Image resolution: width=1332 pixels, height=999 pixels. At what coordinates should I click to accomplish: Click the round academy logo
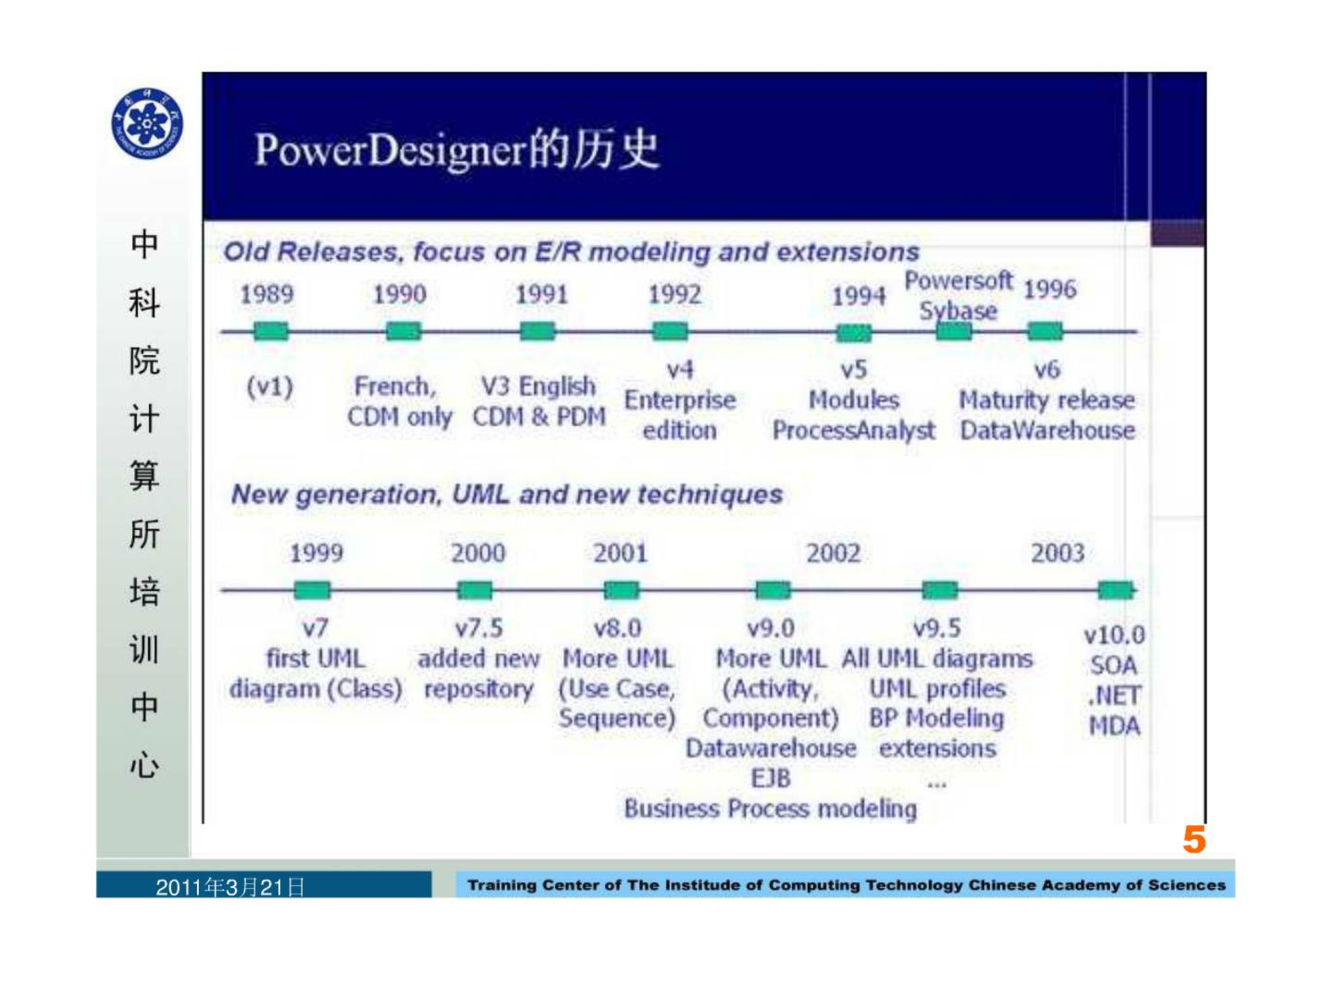tap(147, 124)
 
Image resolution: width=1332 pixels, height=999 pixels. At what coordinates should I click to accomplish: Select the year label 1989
tap(266, 294)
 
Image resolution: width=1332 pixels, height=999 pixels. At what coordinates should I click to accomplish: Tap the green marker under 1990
tap(403, 332)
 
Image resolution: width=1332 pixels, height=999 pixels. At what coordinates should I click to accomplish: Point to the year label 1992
tap(674, 294)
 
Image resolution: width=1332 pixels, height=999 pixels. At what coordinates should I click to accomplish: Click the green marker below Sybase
tap(954, 332)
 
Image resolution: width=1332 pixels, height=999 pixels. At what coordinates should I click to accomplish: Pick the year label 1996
tap(1050, 289)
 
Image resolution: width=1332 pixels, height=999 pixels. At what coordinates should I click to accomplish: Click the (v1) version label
tap(270, 386)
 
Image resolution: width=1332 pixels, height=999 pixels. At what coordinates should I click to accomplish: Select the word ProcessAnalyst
tap(854, 431)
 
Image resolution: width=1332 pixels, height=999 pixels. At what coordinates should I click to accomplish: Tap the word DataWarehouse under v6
tap(1048, 431)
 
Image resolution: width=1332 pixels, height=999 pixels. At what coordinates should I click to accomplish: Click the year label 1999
tap(316, 553)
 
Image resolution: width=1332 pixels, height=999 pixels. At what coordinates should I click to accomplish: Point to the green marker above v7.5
tap(475, 590)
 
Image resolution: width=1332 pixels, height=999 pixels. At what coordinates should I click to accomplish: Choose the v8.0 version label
tap(617, 629)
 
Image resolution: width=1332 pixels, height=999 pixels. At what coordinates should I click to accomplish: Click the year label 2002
tap(833, 553)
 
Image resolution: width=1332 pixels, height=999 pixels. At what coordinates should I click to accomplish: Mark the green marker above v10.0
tap(1116, 590)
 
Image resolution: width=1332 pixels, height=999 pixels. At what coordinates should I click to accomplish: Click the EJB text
tap(771, 778)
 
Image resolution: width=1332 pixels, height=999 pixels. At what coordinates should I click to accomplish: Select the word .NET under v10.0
tap(1114, 695)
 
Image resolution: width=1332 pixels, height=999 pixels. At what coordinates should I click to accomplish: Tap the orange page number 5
tap(1194, 840)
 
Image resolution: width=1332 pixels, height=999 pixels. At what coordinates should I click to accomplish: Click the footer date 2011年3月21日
tap(230, 887)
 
